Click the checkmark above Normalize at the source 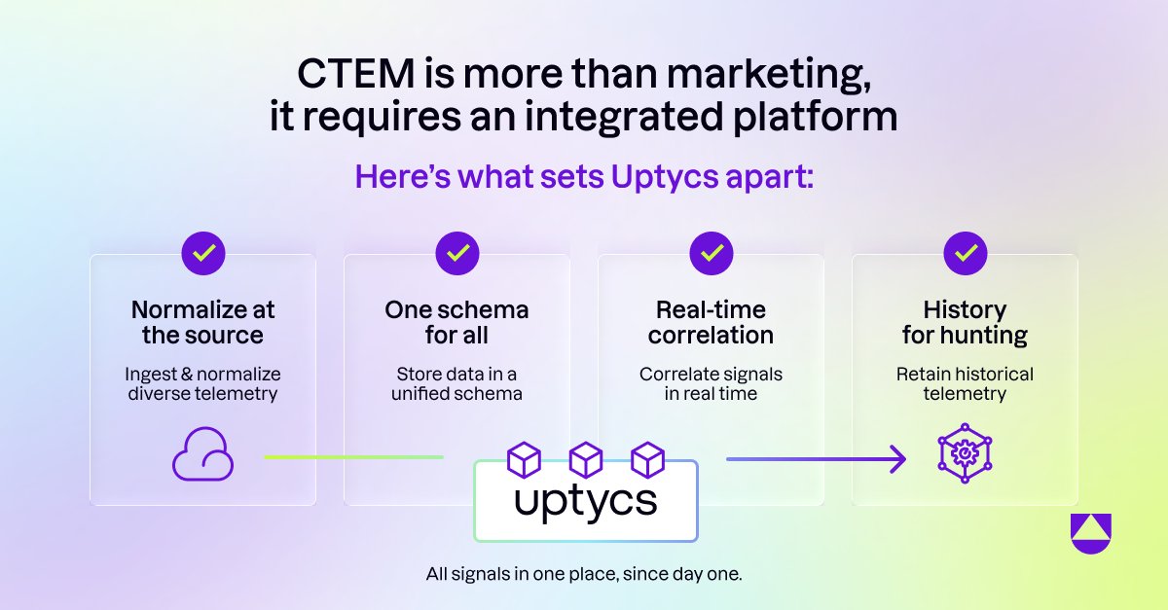tap(203, 254)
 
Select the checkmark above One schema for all tap(456, 254)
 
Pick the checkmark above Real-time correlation tap(712, 254)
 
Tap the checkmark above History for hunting tap(966, 254)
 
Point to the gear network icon tap(965, 452)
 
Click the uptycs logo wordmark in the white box tap(586, 502)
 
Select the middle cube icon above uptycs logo tap(586, 458)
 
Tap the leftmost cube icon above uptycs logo tap(525, 458)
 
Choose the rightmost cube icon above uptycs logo tap(647, 458)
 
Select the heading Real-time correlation tap(712, 323)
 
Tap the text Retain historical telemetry tap(965, 383)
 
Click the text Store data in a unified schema tap(456, 383)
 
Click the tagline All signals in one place tap(584, 574)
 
